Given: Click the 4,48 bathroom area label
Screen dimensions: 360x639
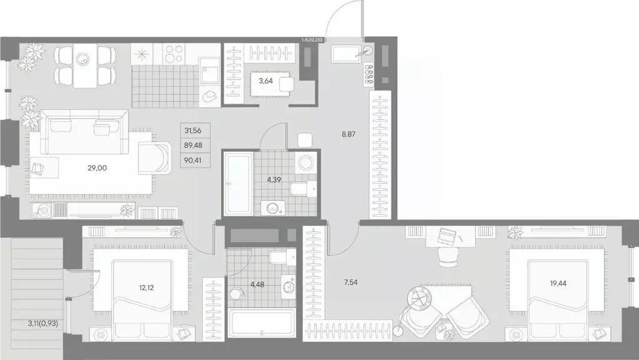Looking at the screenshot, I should tap(257, 284).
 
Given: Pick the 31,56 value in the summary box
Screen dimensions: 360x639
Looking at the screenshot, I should tap(194, 131).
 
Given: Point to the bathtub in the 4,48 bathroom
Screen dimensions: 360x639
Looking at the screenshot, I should tap(262, 324).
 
